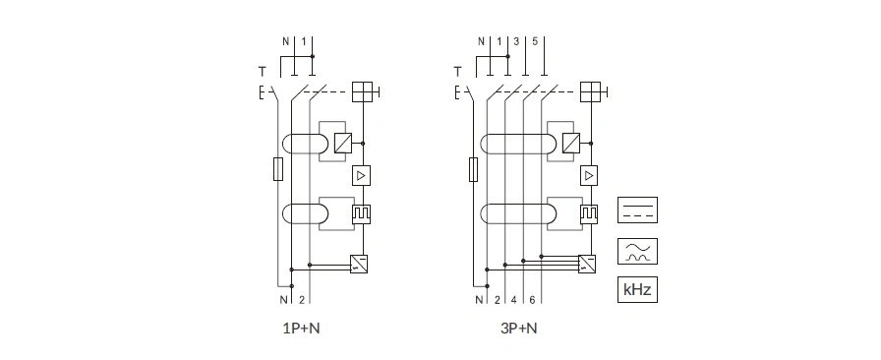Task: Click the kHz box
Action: (637, 290)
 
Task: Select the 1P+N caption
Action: (301, 329)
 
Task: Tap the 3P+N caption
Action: (518, 329)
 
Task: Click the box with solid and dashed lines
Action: (637, 210)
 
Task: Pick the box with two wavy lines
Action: (637, 251)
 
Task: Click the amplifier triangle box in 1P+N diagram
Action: (361, 175)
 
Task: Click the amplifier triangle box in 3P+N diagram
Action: (589, 175)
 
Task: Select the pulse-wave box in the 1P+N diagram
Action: (361, 214)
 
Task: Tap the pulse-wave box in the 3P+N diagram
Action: (589, 214)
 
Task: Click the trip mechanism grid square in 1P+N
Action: (363, 91)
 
